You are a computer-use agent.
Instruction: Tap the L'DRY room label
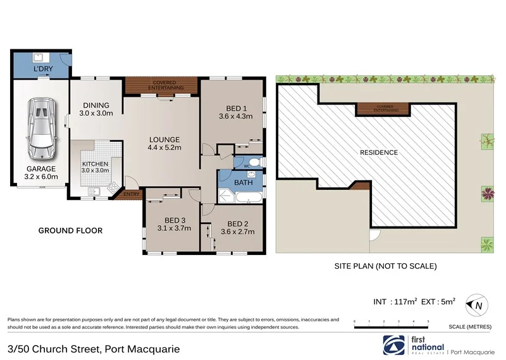tap(42, 67)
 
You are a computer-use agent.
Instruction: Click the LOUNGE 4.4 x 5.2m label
tap(164, 144)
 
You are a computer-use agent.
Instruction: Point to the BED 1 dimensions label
tap(235, 111)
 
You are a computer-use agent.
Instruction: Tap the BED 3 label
tap(173, 225)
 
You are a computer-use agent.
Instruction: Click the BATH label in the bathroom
tap(244, 183)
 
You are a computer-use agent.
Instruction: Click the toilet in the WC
tap(253, 163)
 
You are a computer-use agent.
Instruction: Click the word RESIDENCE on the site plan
tap(379, 152)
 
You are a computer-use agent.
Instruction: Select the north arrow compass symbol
tap(475, 306)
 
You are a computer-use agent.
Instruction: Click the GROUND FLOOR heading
tap(70, 230)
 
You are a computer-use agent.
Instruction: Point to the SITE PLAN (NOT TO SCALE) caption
tap(385, 266)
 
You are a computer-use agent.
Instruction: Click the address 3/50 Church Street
tap(94, 349)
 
